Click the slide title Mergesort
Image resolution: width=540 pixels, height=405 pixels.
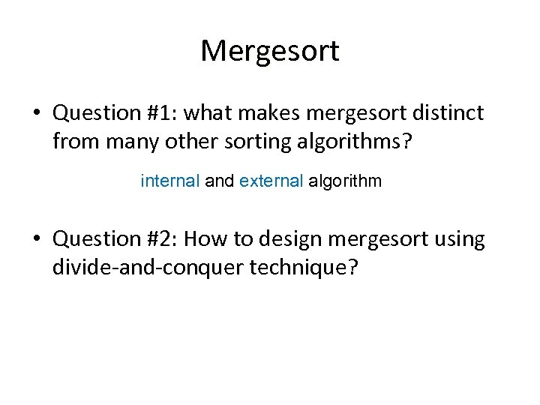[x=270, y=51]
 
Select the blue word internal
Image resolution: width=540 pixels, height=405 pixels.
[x=170, y=181]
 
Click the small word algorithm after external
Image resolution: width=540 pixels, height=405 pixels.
[x=345, y=181]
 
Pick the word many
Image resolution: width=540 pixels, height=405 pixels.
[x=126, y=141]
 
